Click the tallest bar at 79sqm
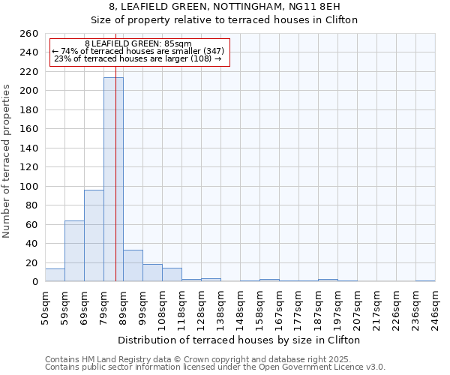pos(113,180)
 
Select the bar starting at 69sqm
pos(94,236)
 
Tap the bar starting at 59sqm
pos(74,251)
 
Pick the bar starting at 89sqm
pos(133,266)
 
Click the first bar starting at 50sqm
pos(55,275)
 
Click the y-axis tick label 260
pos(28,34)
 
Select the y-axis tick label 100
pos(28,186)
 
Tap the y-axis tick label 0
pos(34,282)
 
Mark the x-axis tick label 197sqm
pos(340,307)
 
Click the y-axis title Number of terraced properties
pos(7,161)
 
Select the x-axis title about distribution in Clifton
pos(239,340)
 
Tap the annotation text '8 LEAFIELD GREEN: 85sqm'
pos(138,43)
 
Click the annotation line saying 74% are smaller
pos(138,51)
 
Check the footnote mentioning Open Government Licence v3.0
pos(215,367)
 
